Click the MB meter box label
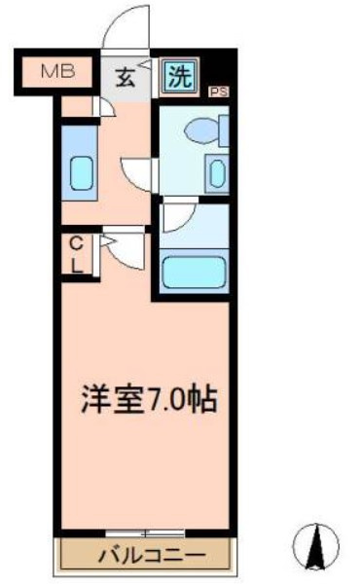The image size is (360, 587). tap(58, 71)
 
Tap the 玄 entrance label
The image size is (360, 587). tap(126, 79)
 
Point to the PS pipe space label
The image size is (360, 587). tap(219, 92)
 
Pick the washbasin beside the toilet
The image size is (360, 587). tap(217, 174)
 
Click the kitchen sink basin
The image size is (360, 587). tap(82, 173)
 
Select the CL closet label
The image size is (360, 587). tap(77, 256)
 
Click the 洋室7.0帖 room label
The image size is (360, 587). tap(149, 399)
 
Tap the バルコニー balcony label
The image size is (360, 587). tap(152, 556)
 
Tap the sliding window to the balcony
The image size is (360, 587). tap(145, 532)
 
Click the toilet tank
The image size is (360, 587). tap(224, 130)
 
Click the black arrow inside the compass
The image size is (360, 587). tap(315, 547)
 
